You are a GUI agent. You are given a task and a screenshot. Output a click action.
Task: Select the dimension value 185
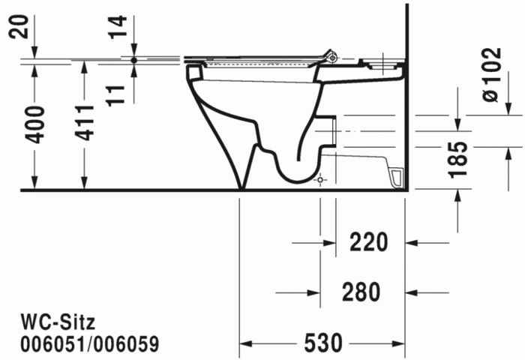[x=460, y=160]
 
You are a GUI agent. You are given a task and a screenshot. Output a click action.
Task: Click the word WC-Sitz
[x=57, y=322]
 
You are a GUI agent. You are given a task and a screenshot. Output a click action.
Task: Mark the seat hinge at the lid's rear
[x=331, y=55]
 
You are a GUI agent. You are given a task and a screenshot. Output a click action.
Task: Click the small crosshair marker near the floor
[x=320, y=181]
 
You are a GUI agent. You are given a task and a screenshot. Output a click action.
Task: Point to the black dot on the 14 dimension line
[x=133, y=58]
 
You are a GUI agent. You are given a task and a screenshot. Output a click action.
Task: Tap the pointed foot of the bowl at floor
[x=241, y=186]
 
